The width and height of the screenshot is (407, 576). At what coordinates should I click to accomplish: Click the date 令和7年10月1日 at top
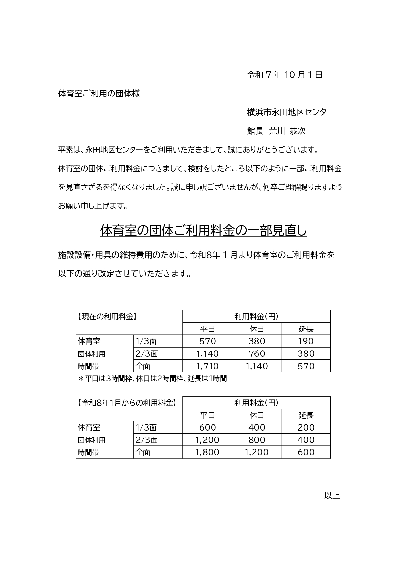[285, 75]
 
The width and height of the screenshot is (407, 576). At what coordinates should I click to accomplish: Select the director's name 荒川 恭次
[287, 131]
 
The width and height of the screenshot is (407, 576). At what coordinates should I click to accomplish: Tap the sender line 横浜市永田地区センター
[290, 113]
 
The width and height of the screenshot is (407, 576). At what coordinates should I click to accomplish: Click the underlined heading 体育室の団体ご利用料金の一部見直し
[203, 231]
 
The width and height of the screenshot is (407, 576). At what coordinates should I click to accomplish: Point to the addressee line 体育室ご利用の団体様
[99, 94]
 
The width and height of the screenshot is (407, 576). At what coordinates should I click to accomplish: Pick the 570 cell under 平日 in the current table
[207, 341]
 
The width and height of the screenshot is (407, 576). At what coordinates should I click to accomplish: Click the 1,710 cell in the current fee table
[207, 366]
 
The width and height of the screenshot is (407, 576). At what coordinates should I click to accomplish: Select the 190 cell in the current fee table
[306, 341]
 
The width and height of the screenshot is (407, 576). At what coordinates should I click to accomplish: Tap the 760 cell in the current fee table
[256, 354]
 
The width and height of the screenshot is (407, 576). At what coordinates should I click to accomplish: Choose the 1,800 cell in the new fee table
[207, 452]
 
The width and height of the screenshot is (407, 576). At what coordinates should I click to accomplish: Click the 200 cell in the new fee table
[306, 428]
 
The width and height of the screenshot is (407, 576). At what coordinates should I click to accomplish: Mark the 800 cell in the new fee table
[256, 440]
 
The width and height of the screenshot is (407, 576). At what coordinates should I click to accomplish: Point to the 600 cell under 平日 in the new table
[207, 428]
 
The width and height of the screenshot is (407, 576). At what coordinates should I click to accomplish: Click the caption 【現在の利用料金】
[107, 317]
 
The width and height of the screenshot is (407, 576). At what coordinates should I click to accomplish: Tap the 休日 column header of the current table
[256, 329]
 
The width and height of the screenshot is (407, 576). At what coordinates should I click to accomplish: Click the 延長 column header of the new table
[306, 416]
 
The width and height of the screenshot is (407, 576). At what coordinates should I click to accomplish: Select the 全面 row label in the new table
[143, 452]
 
